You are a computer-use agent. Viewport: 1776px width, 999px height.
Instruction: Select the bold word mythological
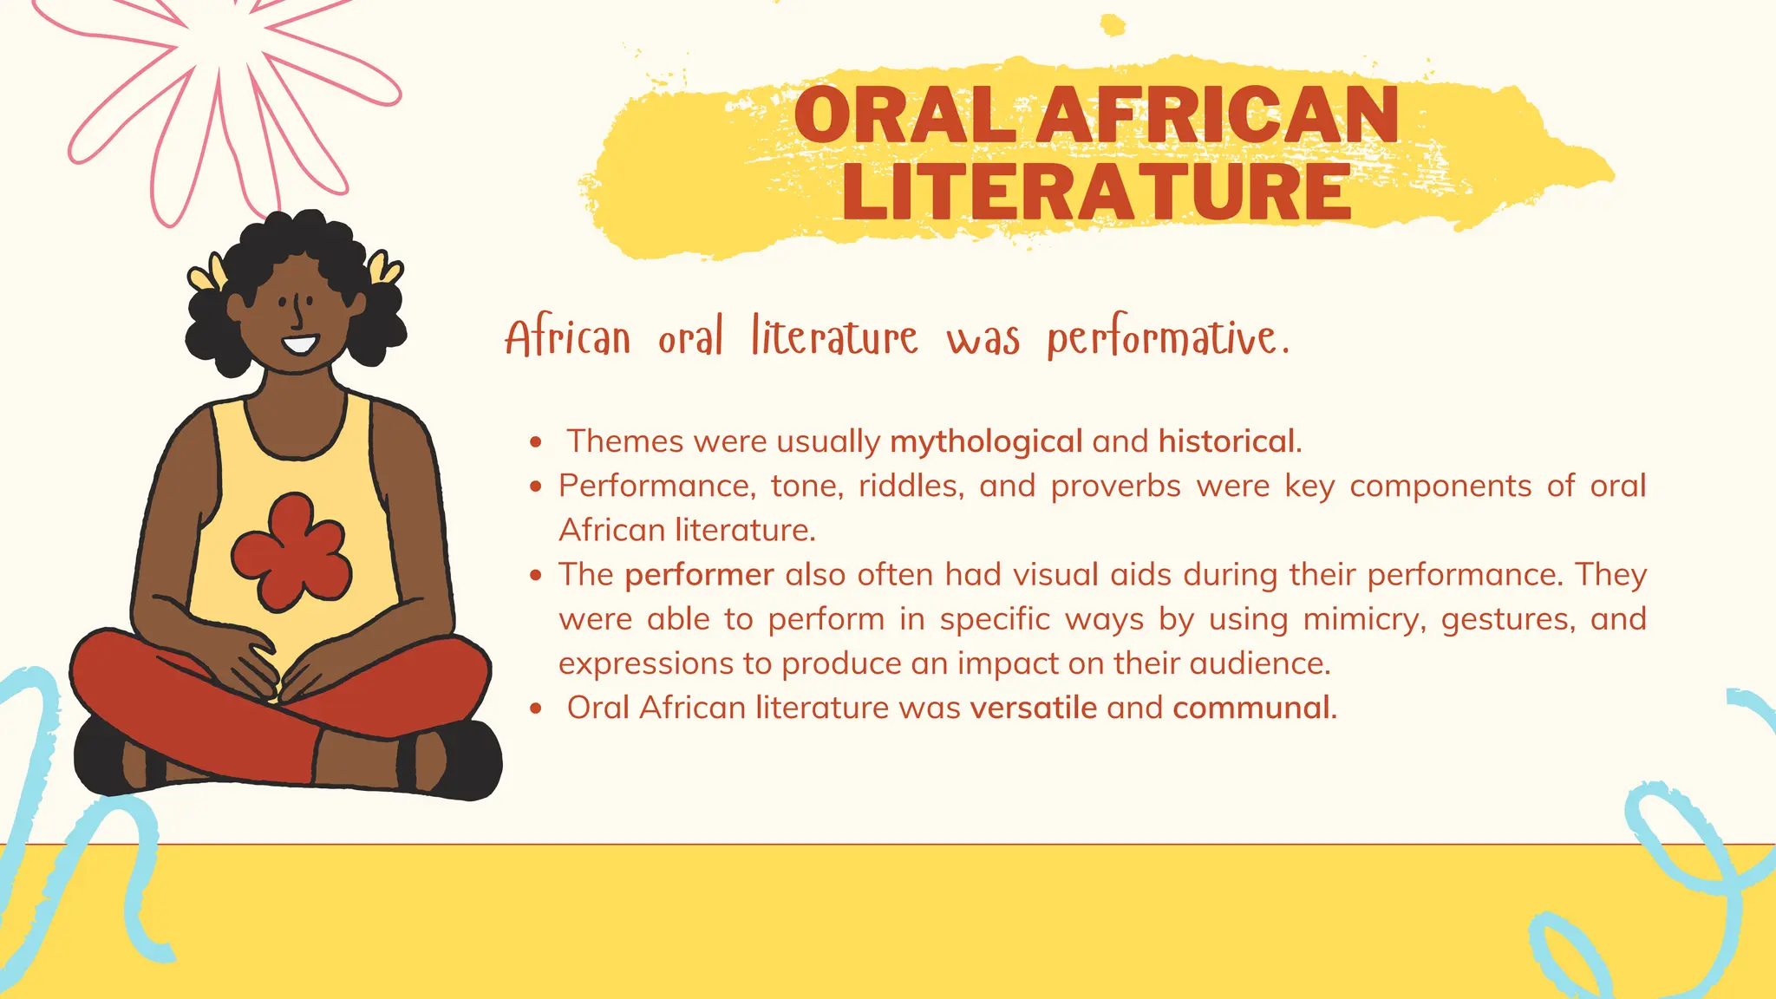pos(986,441)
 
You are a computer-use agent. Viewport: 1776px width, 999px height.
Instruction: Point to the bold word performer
pos(699,574)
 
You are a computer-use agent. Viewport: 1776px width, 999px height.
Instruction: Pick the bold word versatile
pos(1034,708)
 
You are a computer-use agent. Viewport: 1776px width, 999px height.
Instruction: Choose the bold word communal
pos(1252,708)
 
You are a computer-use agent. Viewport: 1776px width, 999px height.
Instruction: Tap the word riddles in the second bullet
pos(911,486)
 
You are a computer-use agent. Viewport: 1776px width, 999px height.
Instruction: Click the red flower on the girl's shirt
pos(291,552)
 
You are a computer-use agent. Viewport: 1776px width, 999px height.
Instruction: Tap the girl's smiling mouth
pos(300,344)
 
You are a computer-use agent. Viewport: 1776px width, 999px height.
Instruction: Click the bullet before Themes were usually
pos(536,442)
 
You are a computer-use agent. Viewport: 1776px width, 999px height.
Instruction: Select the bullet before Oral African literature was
pos(536,708)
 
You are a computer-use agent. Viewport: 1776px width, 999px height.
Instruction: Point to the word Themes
pos(625,441)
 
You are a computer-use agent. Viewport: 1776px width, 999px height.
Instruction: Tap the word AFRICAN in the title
pos(1218,114)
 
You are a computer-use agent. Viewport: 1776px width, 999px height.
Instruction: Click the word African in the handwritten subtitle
pos(568,339)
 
